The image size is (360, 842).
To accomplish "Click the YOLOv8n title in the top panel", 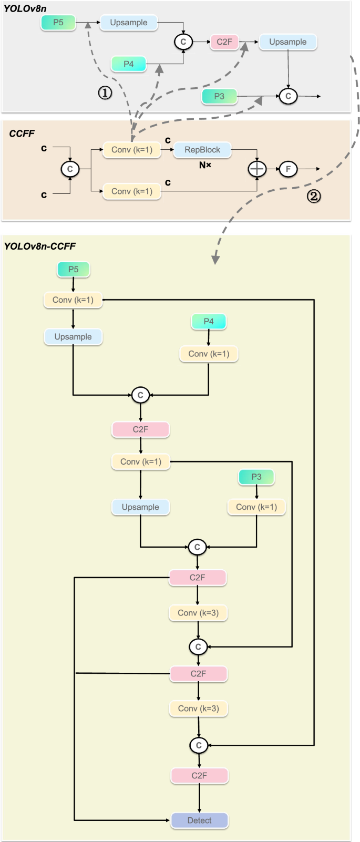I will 24,8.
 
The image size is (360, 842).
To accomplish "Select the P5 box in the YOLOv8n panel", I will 58,23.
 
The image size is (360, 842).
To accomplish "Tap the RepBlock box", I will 202,150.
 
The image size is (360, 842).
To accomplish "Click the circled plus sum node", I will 257,169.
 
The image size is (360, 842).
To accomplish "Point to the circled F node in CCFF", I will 288,169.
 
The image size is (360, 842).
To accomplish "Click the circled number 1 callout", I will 105,93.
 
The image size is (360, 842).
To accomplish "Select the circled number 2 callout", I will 314,196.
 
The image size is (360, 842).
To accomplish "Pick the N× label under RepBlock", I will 205,165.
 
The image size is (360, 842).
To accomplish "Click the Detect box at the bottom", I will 199,820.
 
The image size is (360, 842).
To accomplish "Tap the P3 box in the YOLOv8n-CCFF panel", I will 256,477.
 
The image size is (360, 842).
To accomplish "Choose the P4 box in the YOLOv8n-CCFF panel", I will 209,321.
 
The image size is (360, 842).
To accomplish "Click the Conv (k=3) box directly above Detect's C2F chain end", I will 198,708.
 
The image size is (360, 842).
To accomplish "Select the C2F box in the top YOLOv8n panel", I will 224,42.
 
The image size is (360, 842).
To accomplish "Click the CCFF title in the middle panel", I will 22,134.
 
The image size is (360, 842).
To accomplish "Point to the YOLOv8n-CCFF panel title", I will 40,246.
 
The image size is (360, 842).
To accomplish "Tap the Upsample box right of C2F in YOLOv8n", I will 287,42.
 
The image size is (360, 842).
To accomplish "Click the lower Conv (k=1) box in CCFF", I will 132,191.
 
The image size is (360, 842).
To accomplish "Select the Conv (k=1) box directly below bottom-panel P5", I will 73,300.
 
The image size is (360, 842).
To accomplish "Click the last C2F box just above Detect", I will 199,775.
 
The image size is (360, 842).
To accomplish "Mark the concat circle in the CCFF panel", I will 70,169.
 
